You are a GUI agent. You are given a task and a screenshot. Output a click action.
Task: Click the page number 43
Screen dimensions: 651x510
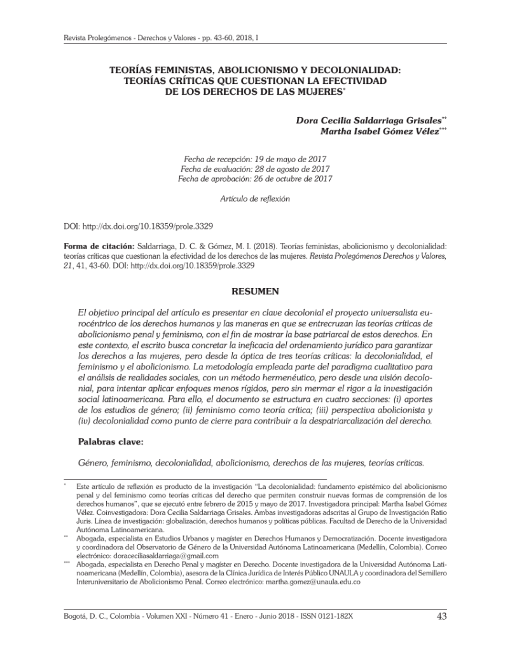441,616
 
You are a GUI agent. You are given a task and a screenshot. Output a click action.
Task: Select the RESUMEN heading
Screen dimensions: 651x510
255,292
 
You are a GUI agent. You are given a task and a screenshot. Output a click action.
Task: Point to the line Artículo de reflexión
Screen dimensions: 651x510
254,198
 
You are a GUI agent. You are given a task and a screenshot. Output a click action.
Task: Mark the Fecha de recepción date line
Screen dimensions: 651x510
255,158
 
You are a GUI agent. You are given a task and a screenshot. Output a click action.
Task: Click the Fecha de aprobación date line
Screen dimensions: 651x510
255,179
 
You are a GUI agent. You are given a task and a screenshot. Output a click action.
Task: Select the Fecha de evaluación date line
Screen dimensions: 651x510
255,168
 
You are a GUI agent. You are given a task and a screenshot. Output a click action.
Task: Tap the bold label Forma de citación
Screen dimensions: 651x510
99,245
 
